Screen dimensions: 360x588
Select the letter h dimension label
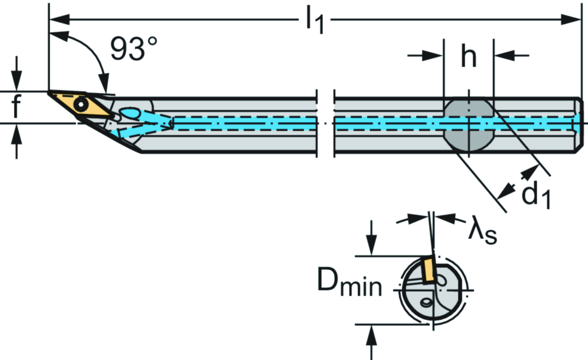point(469,56)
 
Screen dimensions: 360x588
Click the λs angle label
point(481,232)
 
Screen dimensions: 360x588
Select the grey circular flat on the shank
point(468,124)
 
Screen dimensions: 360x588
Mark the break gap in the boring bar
point(326,123)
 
